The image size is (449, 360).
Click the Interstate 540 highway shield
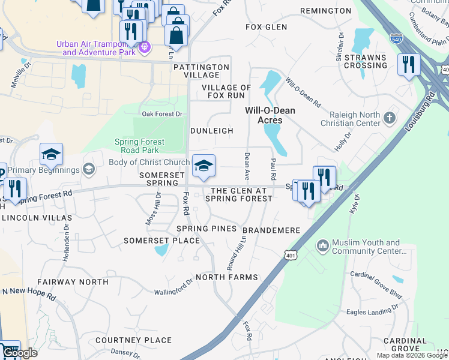coord(396,38)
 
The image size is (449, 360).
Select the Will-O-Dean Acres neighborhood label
coord(270,115)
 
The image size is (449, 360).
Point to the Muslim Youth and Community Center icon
coord(323,245)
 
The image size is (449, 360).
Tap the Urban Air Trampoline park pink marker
coord(144,47)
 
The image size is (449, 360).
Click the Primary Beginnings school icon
coord(89,170)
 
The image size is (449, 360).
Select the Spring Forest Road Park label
coord(139,146)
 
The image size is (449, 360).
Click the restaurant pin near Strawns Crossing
coord(409,65)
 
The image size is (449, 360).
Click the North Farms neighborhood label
coord(226,277)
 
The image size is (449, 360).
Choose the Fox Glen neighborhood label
coord(267,27)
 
